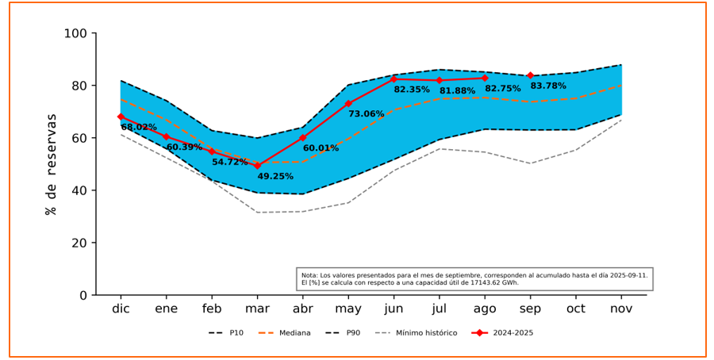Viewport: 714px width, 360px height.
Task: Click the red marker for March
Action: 257,166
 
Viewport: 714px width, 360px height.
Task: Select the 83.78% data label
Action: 548,86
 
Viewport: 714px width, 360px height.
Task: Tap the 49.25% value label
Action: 275,177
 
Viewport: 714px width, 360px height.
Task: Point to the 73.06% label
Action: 366,114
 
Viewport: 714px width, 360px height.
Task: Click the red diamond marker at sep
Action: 530,75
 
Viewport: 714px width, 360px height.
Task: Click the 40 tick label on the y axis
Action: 79,190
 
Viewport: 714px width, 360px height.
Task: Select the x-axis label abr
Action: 302,308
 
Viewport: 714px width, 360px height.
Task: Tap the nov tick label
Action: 621,308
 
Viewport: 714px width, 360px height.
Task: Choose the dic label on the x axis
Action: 121,308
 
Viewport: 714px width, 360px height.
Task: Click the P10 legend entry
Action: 236,333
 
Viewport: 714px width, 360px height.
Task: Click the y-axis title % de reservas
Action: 52,164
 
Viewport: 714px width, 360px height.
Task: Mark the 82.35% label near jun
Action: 412,90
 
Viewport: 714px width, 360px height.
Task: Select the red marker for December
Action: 121,117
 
